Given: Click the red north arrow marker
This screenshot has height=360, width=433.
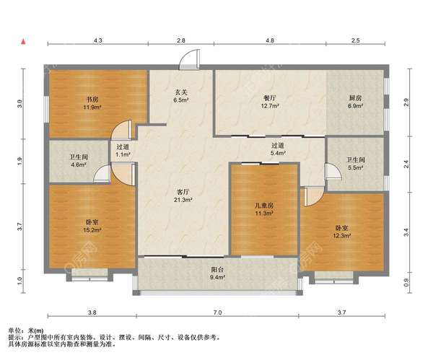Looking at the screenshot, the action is (24, 42).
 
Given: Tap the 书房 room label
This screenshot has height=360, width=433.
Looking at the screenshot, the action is (92, 100).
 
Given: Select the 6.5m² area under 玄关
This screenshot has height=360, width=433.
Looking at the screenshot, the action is (181, 100).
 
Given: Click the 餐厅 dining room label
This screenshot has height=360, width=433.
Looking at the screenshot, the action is (270, 98).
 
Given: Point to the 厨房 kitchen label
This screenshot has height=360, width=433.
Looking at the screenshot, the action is (355, 98).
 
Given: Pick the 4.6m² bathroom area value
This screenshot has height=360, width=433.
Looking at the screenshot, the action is (79, 165).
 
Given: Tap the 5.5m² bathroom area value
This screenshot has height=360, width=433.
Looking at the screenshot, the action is (355, 167).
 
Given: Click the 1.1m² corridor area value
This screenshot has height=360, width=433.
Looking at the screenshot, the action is (123, 154).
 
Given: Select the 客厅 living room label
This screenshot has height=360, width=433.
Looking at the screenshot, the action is (183, 192).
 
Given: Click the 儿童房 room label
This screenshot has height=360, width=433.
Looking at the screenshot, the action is (264, 206).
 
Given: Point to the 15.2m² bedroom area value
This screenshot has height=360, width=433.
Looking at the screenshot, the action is (92, 230).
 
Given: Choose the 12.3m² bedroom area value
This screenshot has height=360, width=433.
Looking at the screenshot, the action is (342, 236).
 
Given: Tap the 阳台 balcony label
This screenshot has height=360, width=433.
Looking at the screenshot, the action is (217, 270).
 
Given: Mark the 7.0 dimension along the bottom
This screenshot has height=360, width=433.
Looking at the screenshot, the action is (218, 312).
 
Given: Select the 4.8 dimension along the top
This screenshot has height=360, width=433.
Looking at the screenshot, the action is (270, 40).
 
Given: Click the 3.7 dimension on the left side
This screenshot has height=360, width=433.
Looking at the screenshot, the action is (19, 227).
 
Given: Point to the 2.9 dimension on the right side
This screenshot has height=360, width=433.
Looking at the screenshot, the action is (406, 102).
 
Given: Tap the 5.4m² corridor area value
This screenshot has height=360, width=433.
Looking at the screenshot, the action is (278, 153).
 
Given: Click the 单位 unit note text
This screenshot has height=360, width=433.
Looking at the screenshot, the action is (15, 330).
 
